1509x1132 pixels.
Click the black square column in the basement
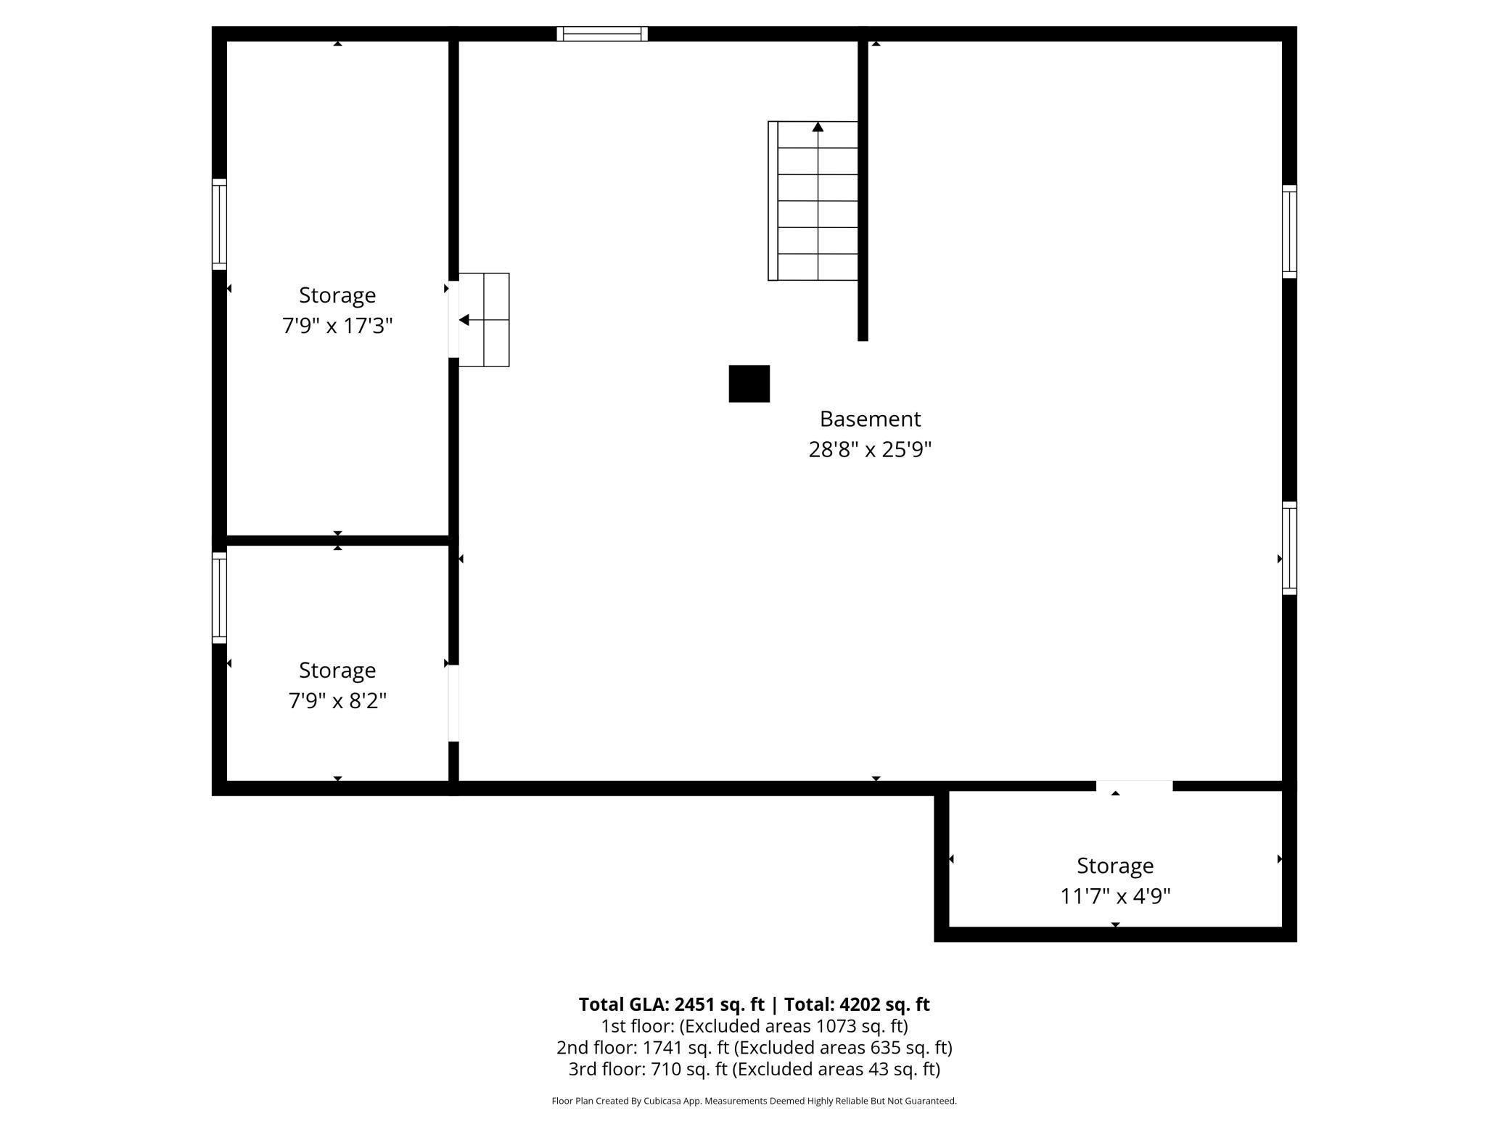(749, 384)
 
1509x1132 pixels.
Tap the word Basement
(870, 419)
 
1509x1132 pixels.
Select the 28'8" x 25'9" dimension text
(870, 450)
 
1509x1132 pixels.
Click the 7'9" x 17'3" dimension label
(337, 326)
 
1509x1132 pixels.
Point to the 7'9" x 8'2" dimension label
(337, 701)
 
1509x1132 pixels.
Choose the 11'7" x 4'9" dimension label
(1115, 897)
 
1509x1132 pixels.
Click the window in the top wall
(602, 34)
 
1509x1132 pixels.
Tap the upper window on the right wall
(1289, 231)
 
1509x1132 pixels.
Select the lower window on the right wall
(1289, 549)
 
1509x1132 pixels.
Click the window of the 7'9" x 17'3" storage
(219, 224)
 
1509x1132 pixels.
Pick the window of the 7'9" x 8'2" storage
(219, 598)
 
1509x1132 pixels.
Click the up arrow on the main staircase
(818, 128)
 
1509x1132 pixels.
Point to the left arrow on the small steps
(464, 320)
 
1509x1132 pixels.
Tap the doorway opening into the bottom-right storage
(1134, 786)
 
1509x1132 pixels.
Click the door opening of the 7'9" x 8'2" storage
(453, 703)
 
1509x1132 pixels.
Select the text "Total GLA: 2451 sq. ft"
(671, 1004)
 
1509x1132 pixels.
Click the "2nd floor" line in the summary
(754, 1047)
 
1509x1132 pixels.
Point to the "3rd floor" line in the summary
(754, 1069)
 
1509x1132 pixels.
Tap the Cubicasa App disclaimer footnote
(754, 1101)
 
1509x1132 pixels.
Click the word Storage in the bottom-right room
(1115, 866)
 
